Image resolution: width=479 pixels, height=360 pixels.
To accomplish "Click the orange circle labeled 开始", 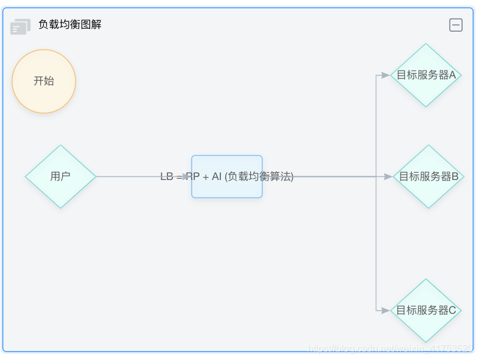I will [x=44, y=81].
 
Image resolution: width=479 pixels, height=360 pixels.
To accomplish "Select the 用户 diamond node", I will [x=60, y=176].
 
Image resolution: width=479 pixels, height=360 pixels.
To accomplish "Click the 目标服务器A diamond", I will [x=425, y=75].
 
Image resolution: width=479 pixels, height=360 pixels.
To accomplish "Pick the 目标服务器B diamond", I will [x=428, y=176].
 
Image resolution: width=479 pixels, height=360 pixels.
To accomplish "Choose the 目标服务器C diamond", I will [x=425, y=310].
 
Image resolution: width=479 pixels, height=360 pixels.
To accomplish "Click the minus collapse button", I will [x=455, y=25].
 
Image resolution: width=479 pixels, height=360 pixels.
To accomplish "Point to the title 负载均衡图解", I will [x=70, y=25].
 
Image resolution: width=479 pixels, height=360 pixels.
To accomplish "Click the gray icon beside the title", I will [x=20, y=27].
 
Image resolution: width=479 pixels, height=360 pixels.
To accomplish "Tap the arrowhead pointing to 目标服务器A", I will [x=386, y=75].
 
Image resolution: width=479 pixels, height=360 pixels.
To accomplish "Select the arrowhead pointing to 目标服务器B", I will [x=388, y=176].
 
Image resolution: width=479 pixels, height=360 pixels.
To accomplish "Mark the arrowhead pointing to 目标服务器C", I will [x=386, y=310].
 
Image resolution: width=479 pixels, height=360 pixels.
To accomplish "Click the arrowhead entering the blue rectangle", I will [x=187, y=176].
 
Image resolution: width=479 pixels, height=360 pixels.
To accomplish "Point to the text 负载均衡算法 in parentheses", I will [x=259, y=176].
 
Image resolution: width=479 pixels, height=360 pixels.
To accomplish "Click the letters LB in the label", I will [x=167, y=176].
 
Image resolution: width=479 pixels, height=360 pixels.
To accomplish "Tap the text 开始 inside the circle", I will [x=44, y=81].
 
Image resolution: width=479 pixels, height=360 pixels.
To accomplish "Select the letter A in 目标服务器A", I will [x=452, y=75].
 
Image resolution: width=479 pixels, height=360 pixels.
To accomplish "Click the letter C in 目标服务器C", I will [x=452, y=310].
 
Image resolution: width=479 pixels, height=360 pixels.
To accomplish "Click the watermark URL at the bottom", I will [x=390, y=348].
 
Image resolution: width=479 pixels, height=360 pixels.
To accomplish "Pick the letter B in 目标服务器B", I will [x=455, y=176].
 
